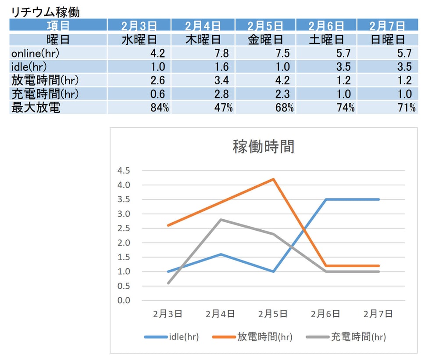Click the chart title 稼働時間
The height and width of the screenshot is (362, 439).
[263, 147]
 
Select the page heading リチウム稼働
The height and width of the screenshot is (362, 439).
[45, 12]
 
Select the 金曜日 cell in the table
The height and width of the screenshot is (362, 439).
[265, 40]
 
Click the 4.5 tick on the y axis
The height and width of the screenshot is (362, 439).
[124, 171]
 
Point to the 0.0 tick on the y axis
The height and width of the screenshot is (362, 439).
[124, 300]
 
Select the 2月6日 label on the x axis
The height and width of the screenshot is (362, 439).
[325, 314]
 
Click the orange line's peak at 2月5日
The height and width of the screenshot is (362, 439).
[273, 179]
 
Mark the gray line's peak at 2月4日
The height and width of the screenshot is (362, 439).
[220, 220]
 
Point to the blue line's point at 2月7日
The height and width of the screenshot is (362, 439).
[378, 199]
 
